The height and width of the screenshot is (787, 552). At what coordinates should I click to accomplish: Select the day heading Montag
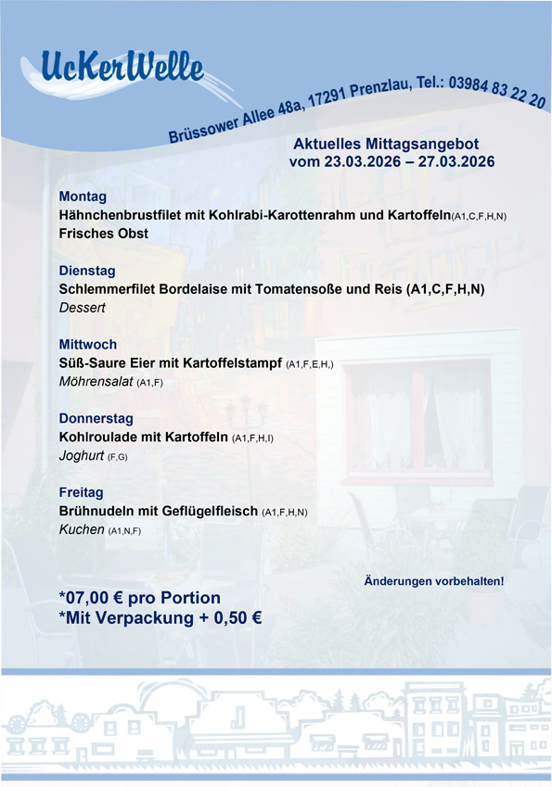tap(83, 197)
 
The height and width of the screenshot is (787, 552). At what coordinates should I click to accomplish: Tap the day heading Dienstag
tap(87, 271)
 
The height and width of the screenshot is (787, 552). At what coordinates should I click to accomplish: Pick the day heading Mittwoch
tap(88, 345)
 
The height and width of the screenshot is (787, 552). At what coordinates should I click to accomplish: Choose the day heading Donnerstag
tap(96, 418)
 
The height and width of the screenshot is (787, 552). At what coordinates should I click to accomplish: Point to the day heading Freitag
tap(81, 492)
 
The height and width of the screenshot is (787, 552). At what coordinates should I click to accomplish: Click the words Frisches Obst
tap(103, 234)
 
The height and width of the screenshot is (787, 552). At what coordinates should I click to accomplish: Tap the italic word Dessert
tap(83, 307)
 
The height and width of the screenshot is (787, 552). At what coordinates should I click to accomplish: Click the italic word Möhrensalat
tap(96, 381)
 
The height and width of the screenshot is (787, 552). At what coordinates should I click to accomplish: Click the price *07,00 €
tap(97, 597)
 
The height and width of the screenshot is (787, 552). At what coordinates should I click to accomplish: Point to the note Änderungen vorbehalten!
tap(434, 581)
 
